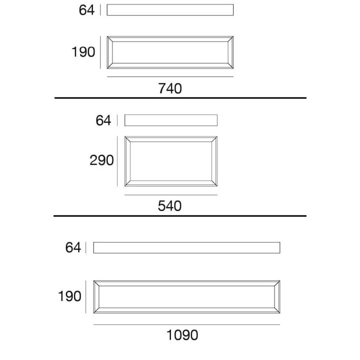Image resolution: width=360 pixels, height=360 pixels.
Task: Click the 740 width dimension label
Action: pos(170,88)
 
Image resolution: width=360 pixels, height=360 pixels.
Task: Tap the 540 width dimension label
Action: pos(169,205)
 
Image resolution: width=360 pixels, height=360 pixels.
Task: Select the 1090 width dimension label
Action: pos(182,335)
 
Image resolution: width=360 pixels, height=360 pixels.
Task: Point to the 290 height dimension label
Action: pos(101,160)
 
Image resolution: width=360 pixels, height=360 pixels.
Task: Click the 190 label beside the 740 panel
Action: pos(83,52)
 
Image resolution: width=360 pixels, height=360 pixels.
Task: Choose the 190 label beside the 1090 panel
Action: pos(69,296)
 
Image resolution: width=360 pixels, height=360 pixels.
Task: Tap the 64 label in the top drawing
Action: pos(86,10)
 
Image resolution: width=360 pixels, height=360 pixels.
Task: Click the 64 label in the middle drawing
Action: pos(103,120)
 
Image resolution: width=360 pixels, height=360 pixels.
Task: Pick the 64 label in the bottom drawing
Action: pos(73,247)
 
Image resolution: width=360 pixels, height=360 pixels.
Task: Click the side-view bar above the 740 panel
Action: pos(170,10)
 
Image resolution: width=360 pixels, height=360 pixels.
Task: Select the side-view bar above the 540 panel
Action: pos(171,120)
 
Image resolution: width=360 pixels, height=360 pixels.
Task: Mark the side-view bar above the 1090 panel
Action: pos(186,247)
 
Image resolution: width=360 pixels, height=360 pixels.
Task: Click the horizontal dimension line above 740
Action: pos(170,76)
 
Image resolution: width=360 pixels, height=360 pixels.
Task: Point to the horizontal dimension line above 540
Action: pos(171,195)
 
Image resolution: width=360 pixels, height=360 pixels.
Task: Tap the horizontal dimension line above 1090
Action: pos(186,324)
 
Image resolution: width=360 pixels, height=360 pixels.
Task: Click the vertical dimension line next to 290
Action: pos(117,161)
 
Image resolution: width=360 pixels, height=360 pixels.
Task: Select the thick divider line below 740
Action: pos(180,98)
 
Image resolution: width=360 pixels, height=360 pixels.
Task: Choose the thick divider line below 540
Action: pos(180,216)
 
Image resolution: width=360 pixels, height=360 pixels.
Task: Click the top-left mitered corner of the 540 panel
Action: pos(127,139)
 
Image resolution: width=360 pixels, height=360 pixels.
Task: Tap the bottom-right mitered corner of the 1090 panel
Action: pos(277,310)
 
